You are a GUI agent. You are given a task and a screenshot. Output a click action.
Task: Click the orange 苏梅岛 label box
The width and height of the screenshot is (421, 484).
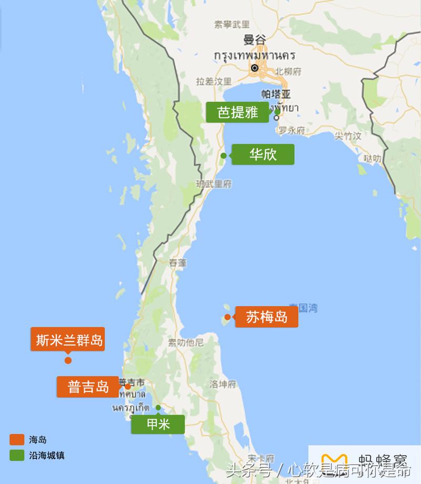266,317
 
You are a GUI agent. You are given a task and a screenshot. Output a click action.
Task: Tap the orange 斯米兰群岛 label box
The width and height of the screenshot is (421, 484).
67,339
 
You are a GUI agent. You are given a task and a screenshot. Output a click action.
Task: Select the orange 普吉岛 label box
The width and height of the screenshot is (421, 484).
87,387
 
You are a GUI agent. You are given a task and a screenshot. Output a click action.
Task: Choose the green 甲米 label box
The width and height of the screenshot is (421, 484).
158,424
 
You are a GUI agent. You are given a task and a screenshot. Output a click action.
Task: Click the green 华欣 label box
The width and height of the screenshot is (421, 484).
263,154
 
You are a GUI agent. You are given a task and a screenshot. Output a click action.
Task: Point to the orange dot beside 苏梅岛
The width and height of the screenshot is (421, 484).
227,317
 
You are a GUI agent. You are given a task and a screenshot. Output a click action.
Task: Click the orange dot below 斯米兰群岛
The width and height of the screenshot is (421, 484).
68,360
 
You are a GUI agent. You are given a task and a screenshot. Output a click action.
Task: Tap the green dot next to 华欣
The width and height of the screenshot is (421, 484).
224,155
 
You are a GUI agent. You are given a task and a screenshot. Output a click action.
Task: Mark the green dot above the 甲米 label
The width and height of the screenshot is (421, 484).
158,407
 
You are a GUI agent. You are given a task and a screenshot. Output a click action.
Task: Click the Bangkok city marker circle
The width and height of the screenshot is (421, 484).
255,67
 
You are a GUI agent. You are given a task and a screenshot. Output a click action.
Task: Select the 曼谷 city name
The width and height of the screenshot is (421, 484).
255,39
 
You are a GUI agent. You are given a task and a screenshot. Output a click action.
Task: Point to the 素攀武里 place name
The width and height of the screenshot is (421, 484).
232,24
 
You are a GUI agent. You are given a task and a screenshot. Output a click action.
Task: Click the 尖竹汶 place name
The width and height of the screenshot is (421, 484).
348,136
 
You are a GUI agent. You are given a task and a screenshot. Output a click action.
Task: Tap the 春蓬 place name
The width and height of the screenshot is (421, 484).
178,262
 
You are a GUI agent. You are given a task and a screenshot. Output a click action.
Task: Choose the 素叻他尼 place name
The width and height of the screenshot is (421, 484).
185,342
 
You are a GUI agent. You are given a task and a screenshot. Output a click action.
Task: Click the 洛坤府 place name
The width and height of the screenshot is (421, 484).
222,384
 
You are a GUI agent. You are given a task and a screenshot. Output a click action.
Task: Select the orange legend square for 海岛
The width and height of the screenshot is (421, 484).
17,439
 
